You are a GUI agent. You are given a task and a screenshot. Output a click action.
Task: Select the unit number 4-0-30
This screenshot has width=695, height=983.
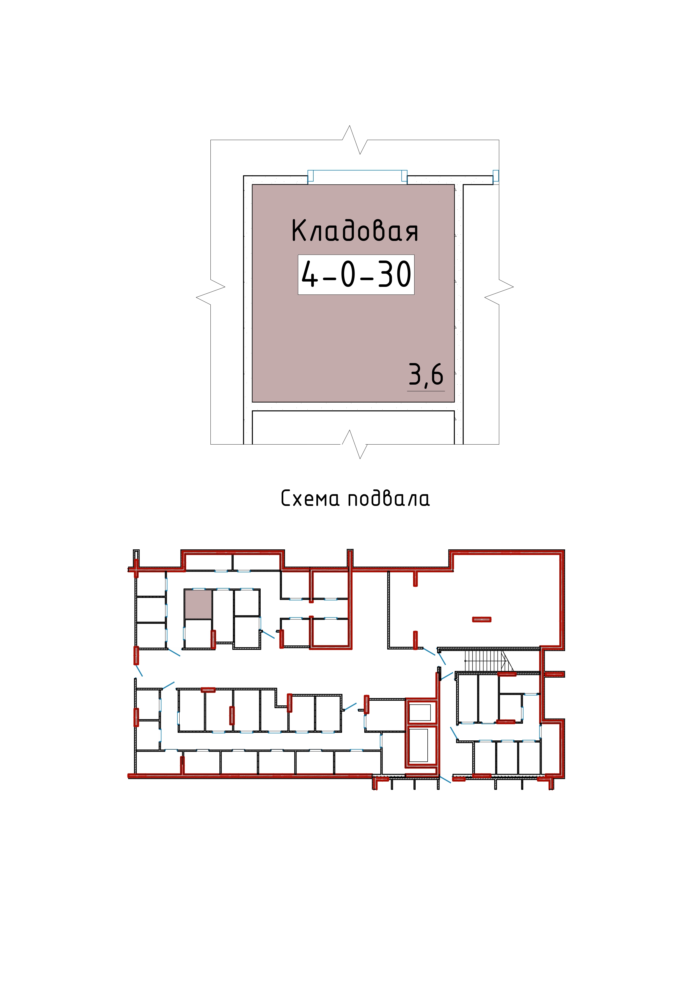pyautogui.click(x=356, y=275)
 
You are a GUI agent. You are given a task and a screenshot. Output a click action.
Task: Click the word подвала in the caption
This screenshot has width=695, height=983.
pyautogui.click(x=389, y=498)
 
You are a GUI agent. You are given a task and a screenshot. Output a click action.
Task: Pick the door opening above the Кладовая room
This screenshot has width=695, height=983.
pyautogui.click(x=357, y=176)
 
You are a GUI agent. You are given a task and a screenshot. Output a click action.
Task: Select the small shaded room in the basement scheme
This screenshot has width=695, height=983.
pyautogui.click(x=198, y=604)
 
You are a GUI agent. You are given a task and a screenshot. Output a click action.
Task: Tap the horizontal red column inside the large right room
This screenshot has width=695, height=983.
pyautogui.click(x=482, y=619)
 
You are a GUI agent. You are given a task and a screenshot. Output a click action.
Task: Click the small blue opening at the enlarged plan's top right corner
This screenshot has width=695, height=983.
pyautogui.click(x=496, y=177)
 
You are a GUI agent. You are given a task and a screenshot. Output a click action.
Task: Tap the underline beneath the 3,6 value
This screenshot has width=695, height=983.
pyautogui.click(x=426, y=391)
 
